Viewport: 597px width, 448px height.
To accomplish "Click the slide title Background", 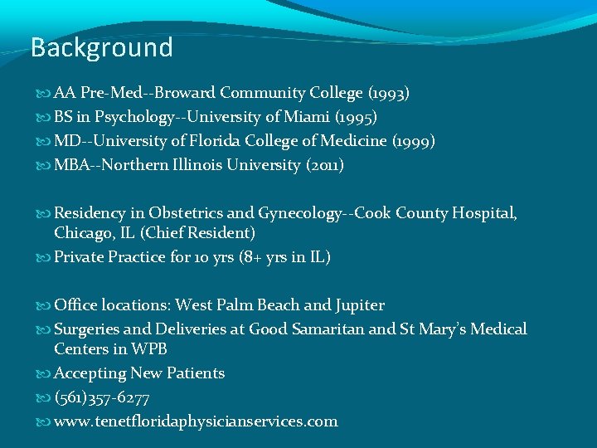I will pyautogui.click(x=101, y=47).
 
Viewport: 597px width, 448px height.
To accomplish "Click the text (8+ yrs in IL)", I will pyautogui.click(x=285, y=257).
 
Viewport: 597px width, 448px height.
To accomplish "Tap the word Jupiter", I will pyautogui.click(x=358, y=305).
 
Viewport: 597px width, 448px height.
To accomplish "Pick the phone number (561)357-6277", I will pyautogui.click(x=102, y=397).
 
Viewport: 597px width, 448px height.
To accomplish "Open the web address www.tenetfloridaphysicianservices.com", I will pyautogui.click(x=196, y=421).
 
